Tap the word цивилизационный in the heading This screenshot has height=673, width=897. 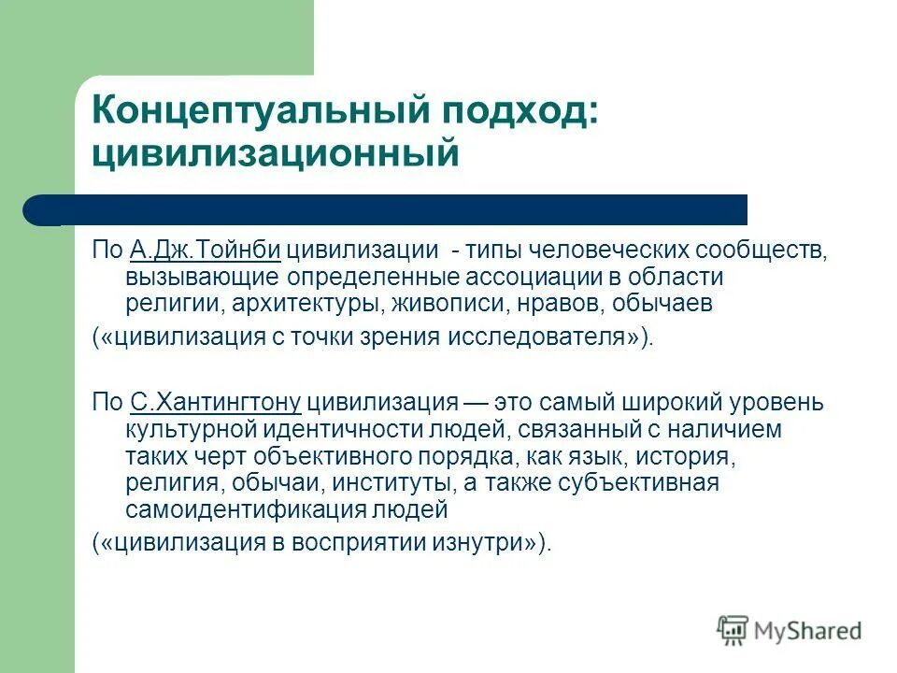point(275,153)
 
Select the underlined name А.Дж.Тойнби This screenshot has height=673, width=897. point(206,251)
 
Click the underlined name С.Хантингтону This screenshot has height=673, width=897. point(215,403)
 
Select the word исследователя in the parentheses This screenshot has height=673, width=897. point(560,337)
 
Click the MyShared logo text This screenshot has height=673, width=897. point(808,631)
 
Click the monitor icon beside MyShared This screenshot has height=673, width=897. point(733,630)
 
